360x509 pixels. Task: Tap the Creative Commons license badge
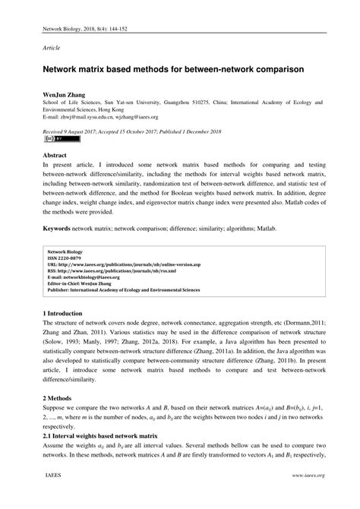tap(51, 140)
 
